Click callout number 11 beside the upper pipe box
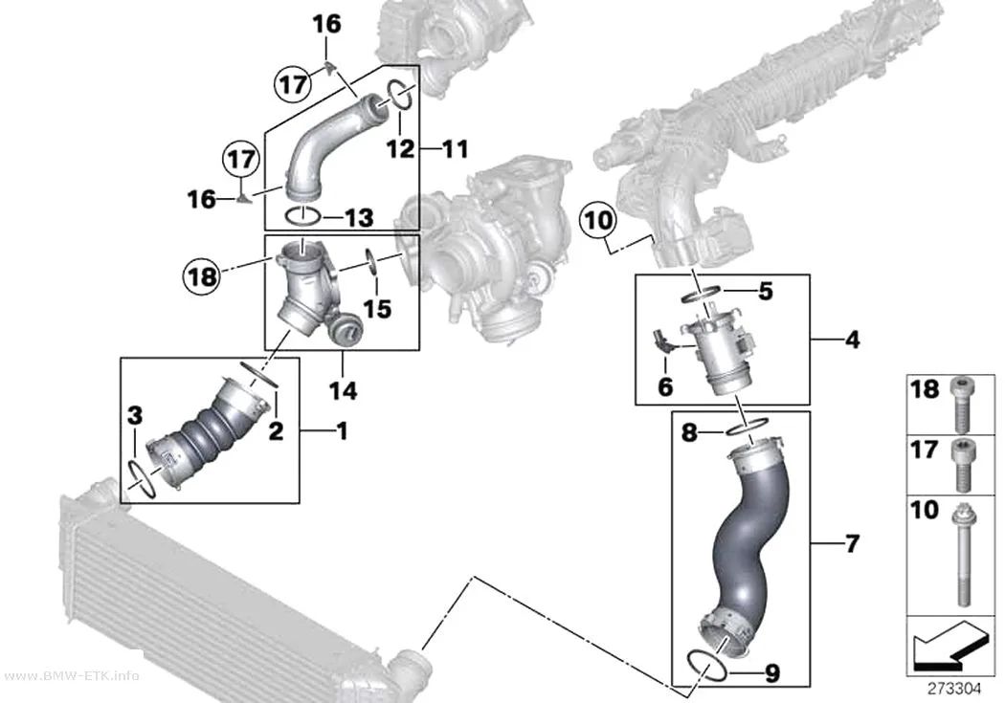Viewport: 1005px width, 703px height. pyautogui.click(x=456, y=149)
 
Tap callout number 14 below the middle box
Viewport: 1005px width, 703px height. pyautogui.click(x=343, y=390)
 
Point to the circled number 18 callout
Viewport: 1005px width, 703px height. pyautogui.click(x=202, y=276)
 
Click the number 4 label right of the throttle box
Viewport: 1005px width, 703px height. pyautogui.click(x=852, y=340)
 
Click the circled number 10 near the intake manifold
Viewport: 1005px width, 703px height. pyautogui.click(x=598, y=220)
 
